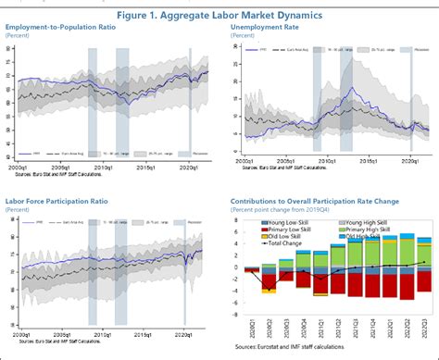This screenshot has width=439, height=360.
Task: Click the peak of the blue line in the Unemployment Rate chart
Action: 349,89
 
